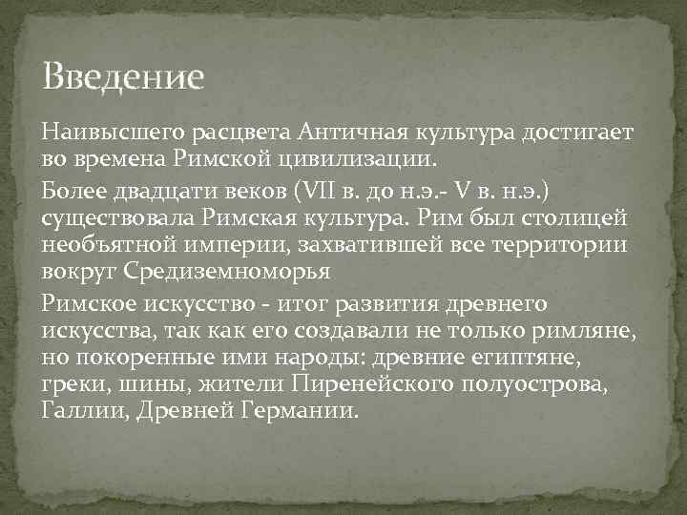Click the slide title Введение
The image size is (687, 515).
[x=124, y=76]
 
